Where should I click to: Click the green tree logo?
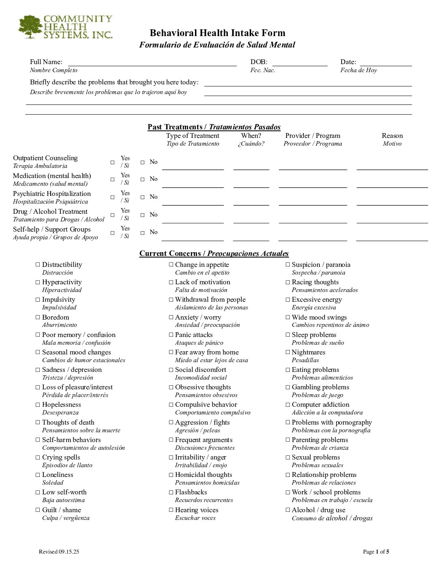(30, 27)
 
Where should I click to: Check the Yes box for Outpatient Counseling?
(113, 162)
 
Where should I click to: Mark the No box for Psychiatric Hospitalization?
(142, 197)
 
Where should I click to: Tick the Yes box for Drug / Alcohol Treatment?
(113, 215)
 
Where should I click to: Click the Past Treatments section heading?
(214, 127)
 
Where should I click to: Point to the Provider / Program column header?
(313, 136)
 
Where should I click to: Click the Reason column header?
(392, 136)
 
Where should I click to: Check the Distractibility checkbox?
(38, 264)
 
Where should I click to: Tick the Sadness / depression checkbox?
(38, 370)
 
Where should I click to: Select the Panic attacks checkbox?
(171, 335)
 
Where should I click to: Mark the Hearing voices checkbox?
(171, 510)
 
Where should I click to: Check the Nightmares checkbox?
(288, 352)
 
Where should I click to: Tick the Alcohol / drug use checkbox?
(288, 510)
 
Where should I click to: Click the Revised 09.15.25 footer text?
(59, 552)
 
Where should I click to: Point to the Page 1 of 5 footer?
(376, 552)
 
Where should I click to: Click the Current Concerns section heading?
(214, 253)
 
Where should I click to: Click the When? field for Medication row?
(251, 183)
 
